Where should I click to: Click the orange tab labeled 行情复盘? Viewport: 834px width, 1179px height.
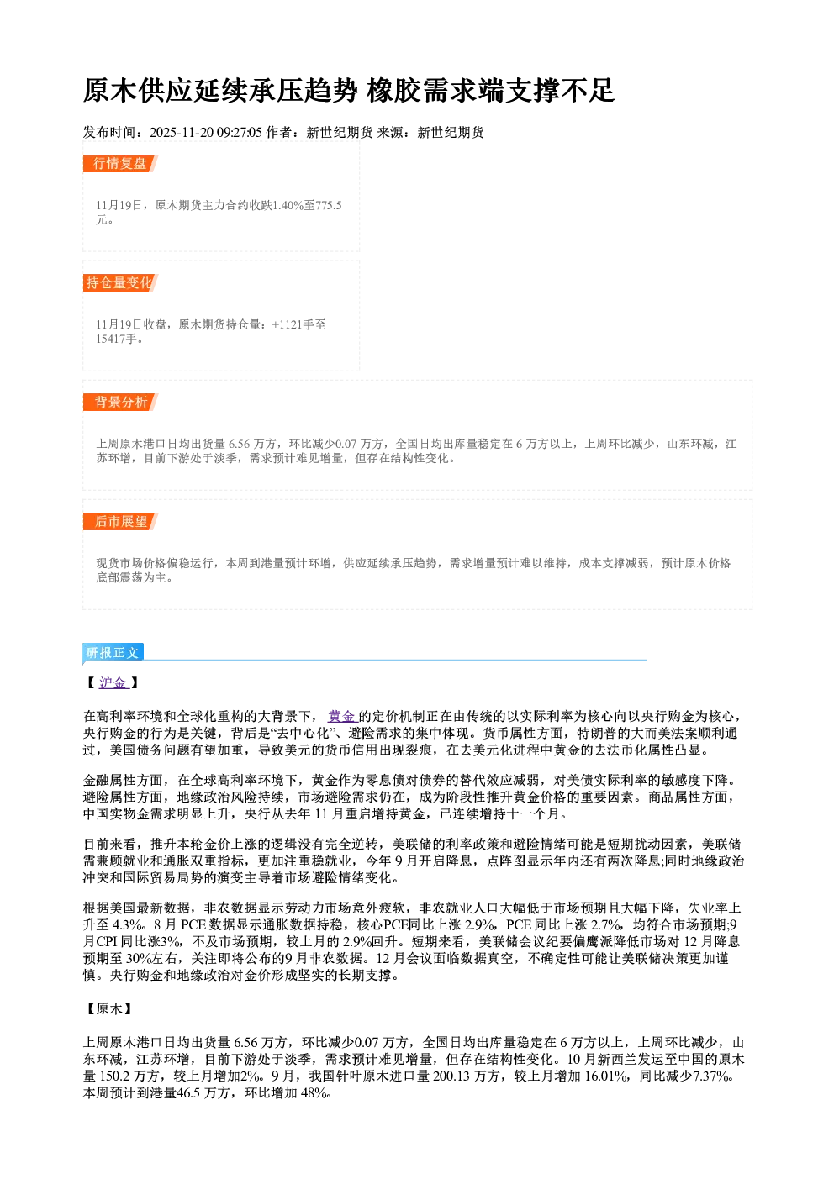(120, 164)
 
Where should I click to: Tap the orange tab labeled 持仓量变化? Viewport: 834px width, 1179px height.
(120, 283)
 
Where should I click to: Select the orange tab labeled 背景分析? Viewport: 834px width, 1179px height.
(120, 403)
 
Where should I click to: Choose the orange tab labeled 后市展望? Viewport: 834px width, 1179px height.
(120, 522)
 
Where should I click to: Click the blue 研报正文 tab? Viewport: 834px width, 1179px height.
(113, 653)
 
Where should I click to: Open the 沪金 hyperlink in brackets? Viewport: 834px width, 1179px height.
(113, 683)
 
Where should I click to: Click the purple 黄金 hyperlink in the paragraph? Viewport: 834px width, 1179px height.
(341, 716)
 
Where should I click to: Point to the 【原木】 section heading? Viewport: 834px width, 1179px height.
(109, 1008)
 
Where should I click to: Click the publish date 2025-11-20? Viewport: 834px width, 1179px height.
(181, 133)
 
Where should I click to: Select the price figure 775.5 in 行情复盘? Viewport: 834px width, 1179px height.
(329, 205)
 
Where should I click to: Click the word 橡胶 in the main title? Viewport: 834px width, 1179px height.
(393, 91)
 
